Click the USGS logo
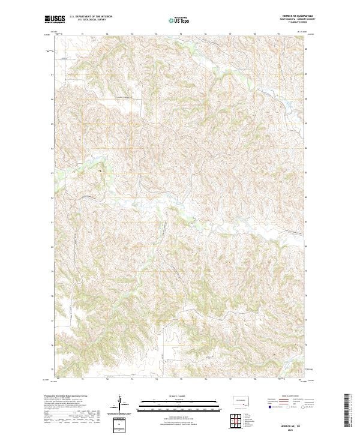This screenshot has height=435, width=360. [x=55, y=19]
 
